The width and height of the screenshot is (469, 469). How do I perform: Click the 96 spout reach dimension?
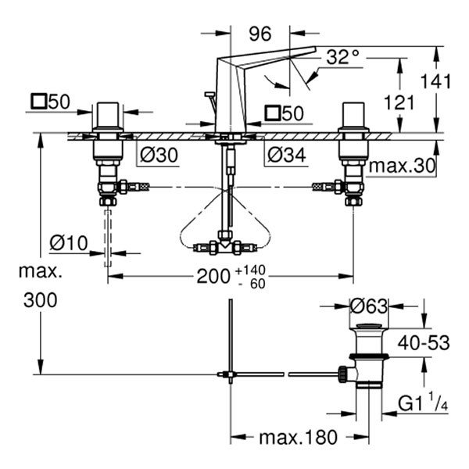[x=260, y=35]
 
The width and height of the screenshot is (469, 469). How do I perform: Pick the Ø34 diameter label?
[x=283, y=155]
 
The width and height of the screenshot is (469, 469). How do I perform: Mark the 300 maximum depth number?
[x=40, y=301]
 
